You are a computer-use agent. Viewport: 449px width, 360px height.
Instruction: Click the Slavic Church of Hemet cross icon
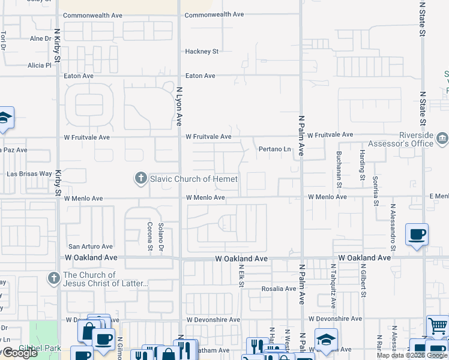click(x=140, y=178)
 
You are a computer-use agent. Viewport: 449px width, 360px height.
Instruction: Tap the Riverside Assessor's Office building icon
click(x=442, y=139)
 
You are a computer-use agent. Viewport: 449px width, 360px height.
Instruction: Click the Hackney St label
click(x=202, y=52)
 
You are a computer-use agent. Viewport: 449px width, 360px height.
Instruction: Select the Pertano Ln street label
click(x=274, y=149)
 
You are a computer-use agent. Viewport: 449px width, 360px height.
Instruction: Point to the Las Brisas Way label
click(x=29, y=173)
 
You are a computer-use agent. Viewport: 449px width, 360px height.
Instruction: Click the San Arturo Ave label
click(x=90, y=246)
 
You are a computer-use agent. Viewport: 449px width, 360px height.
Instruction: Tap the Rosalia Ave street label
click(x=279, y=289)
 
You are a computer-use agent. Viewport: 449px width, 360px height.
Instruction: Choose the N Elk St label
click(x=241, y=277)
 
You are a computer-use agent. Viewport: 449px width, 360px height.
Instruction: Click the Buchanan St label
click(x=339, y=165)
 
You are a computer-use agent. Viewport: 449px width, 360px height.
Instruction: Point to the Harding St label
click(x=362, y=165)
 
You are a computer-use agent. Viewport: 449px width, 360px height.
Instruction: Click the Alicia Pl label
click(x=40, y=65)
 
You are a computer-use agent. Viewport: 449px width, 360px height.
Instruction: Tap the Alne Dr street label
click(x=41, y=38)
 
